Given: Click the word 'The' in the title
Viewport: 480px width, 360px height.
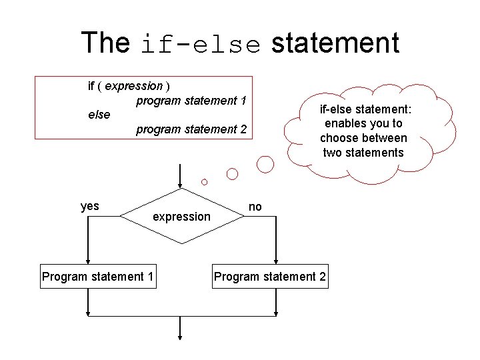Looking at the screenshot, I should [x=105, y=43].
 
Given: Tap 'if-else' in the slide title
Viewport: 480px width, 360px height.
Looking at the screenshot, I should [x=201, y=44].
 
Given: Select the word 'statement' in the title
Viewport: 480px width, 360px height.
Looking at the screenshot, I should [x=335, y=43].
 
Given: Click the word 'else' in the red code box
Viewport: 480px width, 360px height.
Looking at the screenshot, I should [x=99, y=115].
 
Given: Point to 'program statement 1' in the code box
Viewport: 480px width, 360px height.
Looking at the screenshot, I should [x=191, y=101].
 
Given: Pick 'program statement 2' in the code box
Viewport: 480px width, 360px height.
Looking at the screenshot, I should [x=191, y=129].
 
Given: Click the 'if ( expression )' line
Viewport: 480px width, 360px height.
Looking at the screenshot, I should [x=128, y=86].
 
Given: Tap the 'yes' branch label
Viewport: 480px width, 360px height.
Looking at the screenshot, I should [x=90, y=206].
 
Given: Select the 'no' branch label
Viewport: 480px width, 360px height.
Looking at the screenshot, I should [x=255, y=207].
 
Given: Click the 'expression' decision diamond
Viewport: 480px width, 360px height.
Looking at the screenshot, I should [x=181, y=216].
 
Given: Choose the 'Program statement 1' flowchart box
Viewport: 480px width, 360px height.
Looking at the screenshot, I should [x=98, y=277].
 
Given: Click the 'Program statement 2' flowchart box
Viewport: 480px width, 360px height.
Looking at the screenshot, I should [x=270, y=277].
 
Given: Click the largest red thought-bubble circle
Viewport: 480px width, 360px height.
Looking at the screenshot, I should [x=266, y=163].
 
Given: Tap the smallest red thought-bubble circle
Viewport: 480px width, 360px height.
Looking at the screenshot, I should [x=205, y=181].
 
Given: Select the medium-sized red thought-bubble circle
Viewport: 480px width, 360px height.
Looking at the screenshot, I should [x=232, y=174].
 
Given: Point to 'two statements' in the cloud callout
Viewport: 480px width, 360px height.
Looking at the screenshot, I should [x=363, y=153].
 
